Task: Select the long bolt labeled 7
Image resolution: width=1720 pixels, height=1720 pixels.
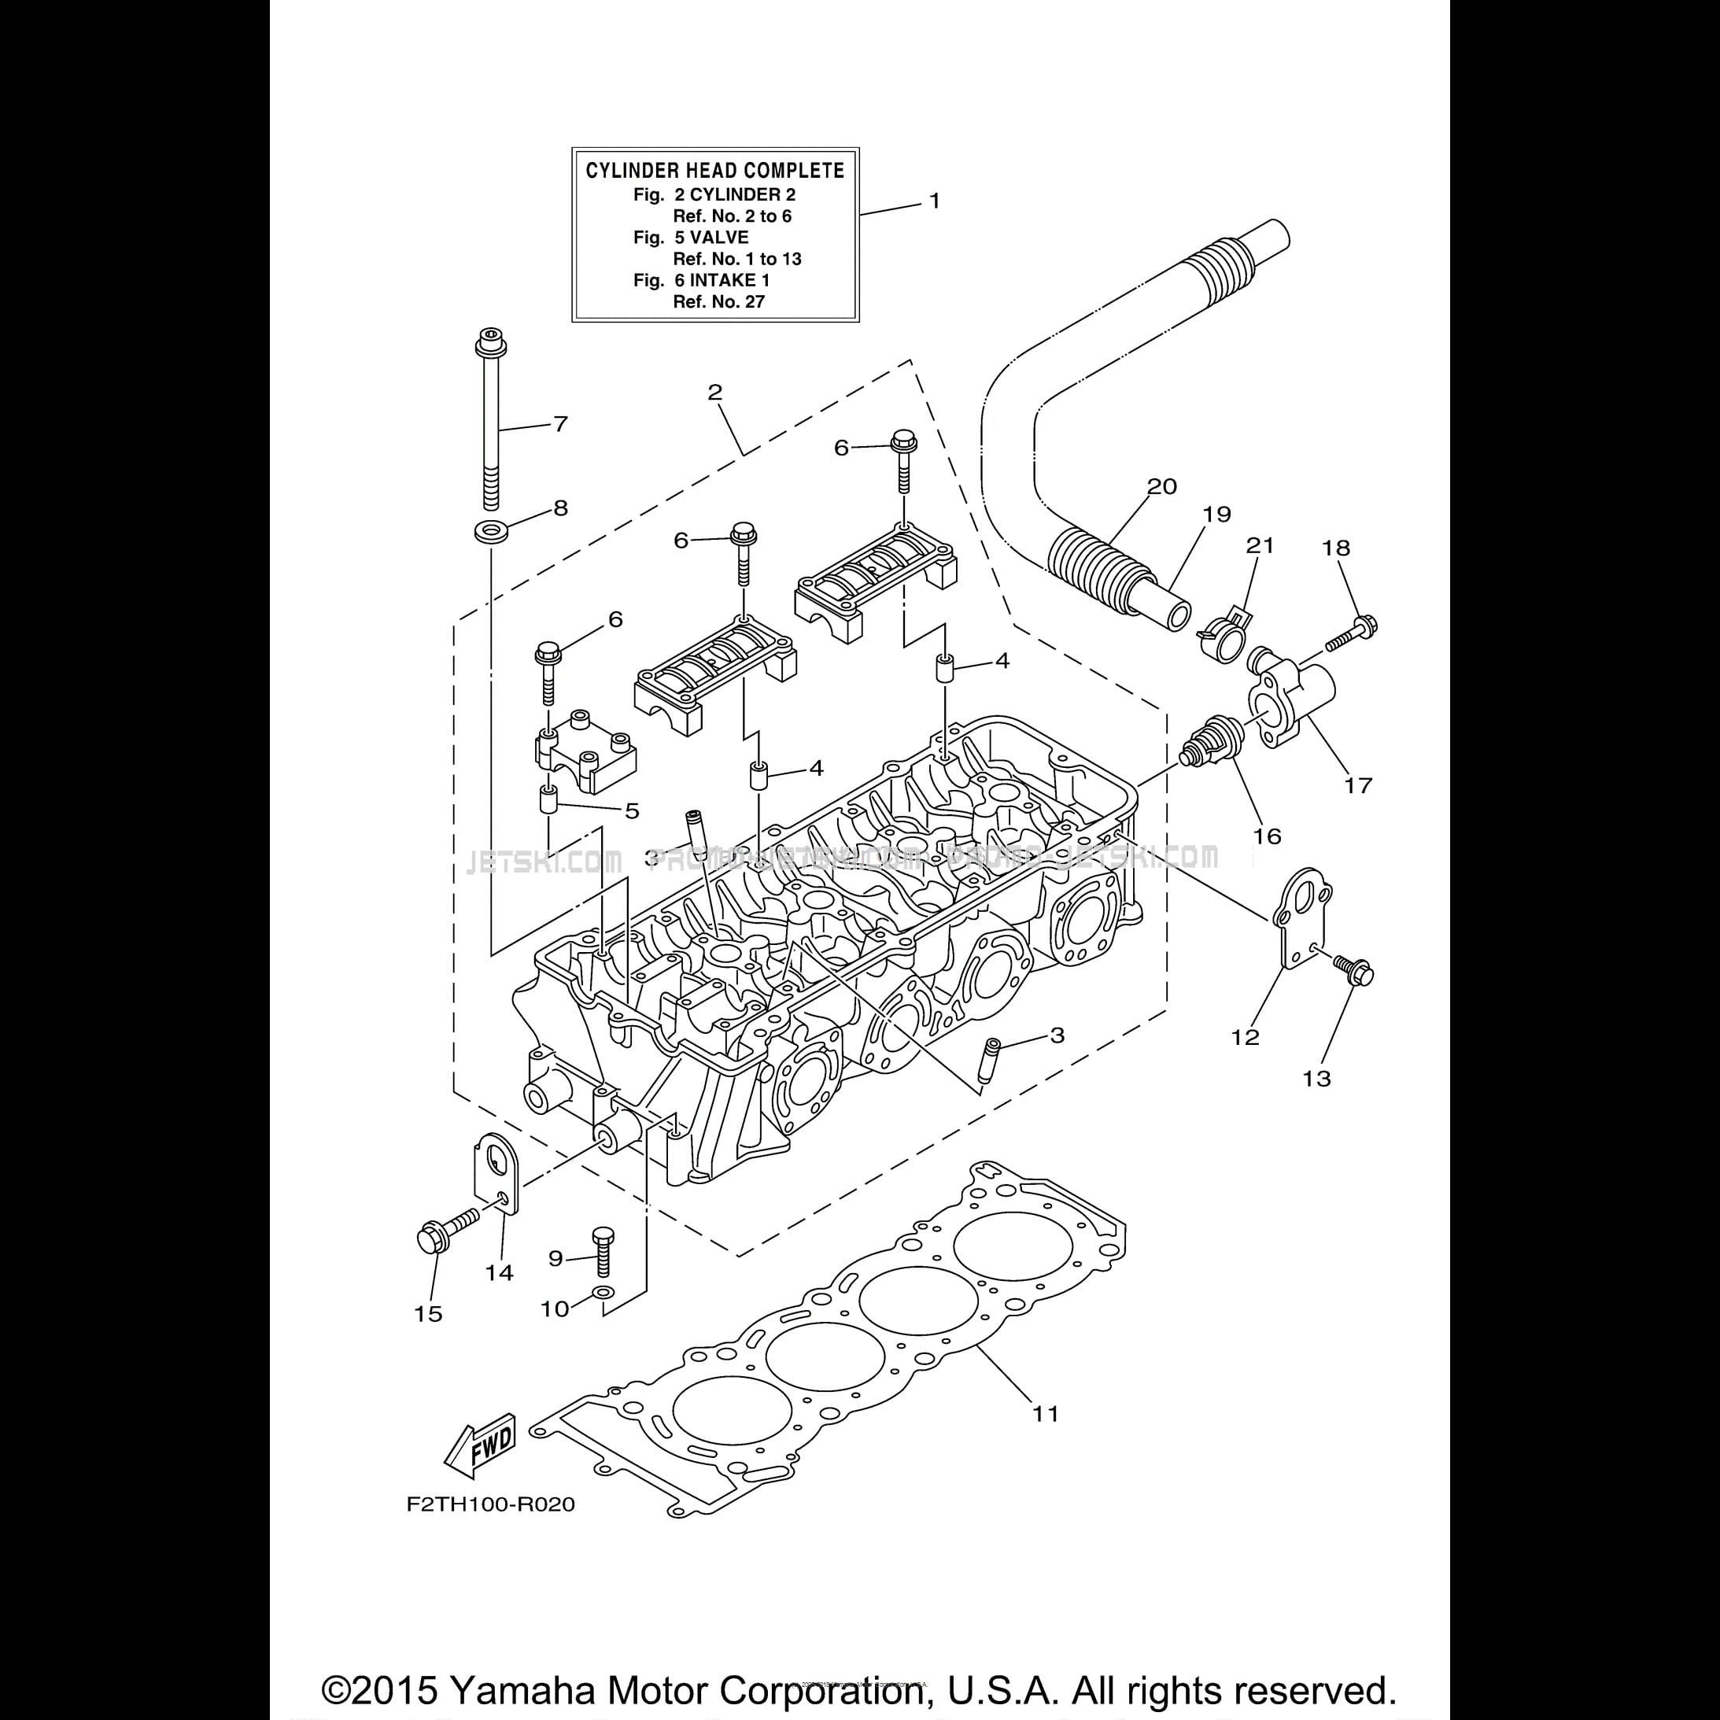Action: [x=489, y=419]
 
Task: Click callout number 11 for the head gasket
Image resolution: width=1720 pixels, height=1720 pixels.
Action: [x=1045, y=1413]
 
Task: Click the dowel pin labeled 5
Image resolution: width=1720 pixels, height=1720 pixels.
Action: [x=549, y=798]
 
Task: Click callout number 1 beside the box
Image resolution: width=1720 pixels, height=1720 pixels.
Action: [x=934, y=201]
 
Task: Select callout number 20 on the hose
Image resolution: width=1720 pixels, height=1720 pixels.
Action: [x=1162, y=486]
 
